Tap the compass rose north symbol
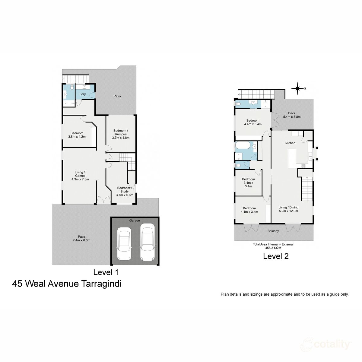(298, 88)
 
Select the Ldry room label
(83, 94)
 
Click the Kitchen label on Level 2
(290, 143)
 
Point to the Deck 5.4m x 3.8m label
(291, 115)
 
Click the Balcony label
(273, 231)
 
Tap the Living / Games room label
(80, 176)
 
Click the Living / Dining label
(288, 209)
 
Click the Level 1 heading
(106, 272)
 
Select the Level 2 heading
(276, 256)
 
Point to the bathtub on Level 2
(243, 148)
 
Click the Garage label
(135, 221)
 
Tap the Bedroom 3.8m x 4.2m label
(77, 135)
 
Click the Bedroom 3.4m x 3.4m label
(248, 183)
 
